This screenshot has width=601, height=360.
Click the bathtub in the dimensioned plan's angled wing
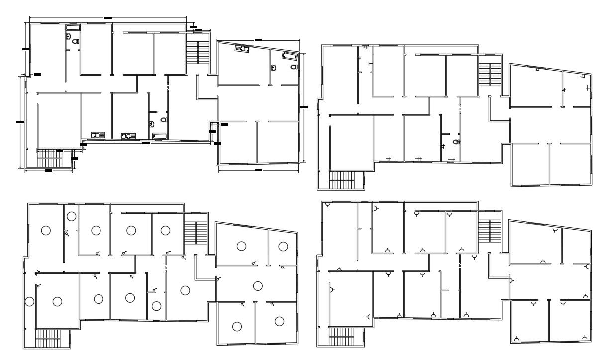289,55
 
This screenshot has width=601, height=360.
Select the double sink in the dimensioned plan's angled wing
242,49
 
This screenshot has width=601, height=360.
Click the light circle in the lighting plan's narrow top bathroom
72,216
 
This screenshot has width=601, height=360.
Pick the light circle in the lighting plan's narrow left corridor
30,301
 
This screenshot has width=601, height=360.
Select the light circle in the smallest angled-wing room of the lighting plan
283,246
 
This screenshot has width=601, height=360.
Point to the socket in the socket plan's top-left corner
328,205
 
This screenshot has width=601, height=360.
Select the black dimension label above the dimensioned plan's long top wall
108,17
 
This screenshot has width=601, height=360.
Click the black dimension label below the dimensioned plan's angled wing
258,170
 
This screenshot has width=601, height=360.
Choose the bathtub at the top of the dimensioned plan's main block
73,28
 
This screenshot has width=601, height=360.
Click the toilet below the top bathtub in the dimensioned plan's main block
75,42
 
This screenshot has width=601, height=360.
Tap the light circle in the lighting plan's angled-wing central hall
257,285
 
